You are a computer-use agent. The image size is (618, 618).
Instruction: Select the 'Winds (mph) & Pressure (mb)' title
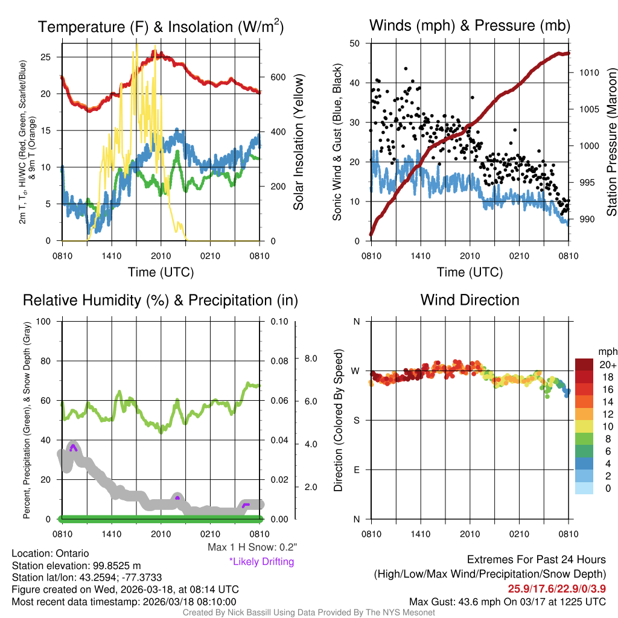pyautogui.click(x=470, y=25)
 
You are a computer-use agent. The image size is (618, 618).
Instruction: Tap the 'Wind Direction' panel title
pyautogui.click(x=470, y=300)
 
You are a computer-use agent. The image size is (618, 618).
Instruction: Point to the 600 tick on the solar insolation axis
pyautogui.click(x=278, y=77)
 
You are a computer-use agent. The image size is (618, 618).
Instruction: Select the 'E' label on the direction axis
pyautogui.click(x=356, y=470)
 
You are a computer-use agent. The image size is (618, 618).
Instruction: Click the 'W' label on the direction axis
pyautogui.click(x=356, y=371)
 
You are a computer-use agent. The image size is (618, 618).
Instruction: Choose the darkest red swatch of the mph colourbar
pyautogui.click(x=584, y=365)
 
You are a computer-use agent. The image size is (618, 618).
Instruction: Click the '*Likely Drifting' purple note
pyautogui.click(x=261, y=561)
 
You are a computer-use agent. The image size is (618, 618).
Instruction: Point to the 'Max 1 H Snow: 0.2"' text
pyautogui.click(x=252, y=547)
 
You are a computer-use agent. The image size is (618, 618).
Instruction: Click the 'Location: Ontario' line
pyautogui.click(x=50, y=553)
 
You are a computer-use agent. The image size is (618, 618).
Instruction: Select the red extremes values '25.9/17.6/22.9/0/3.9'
pyautogui.click(x=554, y=588)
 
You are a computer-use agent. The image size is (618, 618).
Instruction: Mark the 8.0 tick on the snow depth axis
pyautogui.click(x=309, y=358)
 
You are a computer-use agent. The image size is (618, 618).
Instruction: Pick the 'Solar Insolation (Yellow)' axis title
pyautogui.click(x=298, y=142)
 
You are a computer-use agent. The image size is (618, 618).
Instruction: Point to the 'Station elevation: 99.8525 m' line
pyautogui.click(x=76, y=565)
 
